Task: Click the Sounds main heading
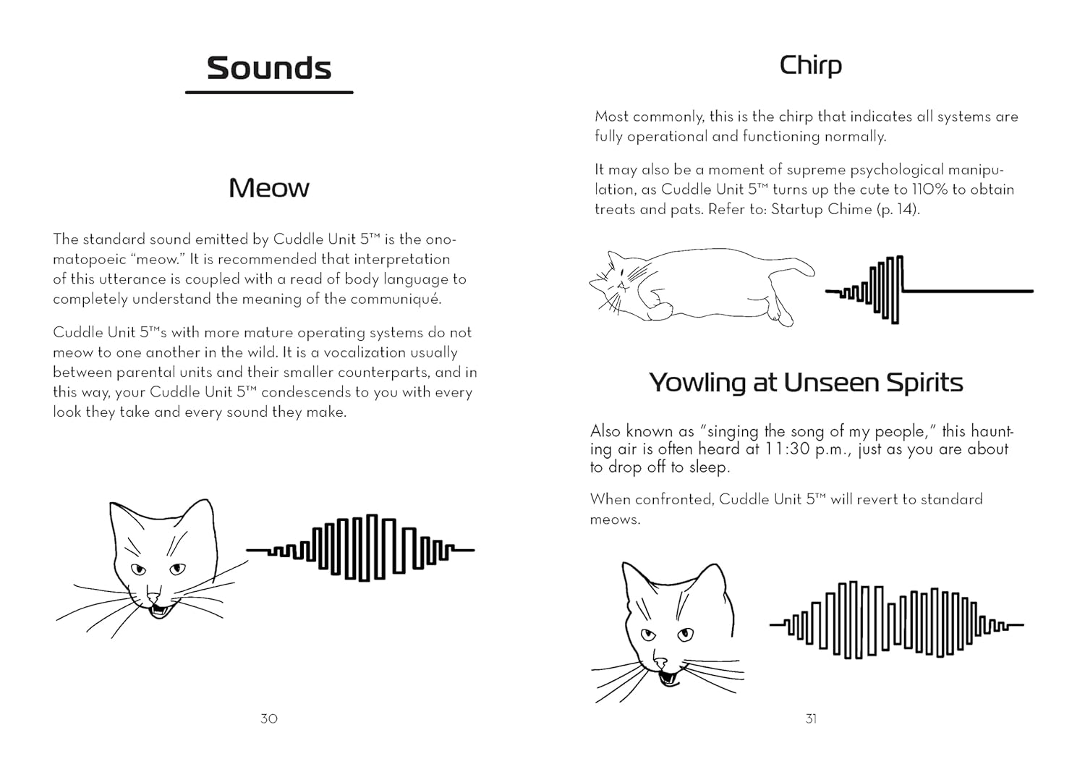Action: [x=269, y=68]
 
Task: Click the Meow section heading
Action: [x=269, y=188]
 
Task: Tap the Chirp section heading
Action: [x=810, y=66]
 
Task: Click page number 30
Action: [x=269, y=718]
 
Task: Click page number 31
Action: [x=811, y=718]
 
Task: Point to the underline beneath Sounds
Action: [x=269, y=93]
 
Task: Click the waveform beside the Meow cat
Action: [x=360, y=548]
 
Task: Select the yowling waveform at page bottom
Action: [x=897, y=621]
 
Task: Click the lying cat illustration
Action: [x=694, y=286]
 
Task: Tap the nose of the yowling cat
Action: [x=660, y=662]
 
